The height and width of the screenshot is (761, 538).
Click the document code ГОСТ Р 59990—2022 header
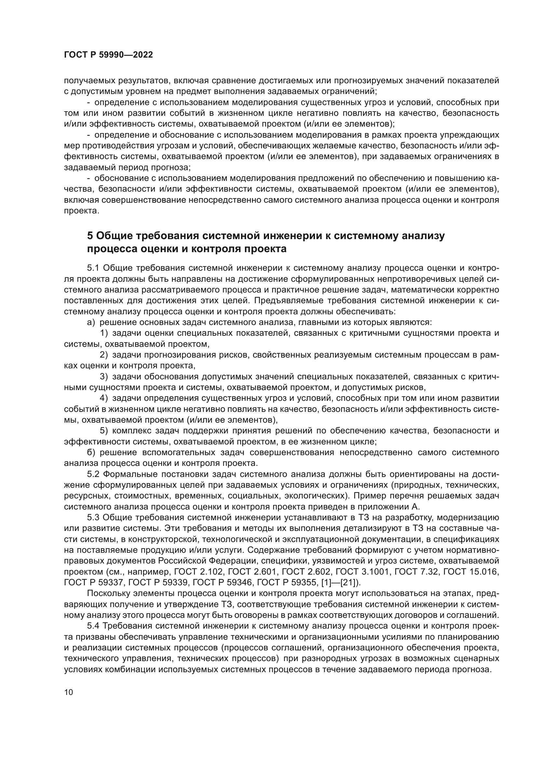[108, 55]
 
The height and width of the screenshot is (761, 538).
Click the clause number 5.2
[93, 474]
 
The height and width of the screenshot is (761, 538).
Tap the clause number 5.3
[93, 517]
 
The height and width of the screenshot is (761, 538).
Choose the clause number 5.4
[93, 626]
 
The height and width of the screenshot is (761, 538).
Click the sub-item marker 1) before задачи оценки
[104, 333]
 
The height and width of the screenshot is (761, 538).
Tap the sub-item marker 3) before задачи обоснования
[104, 376]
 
